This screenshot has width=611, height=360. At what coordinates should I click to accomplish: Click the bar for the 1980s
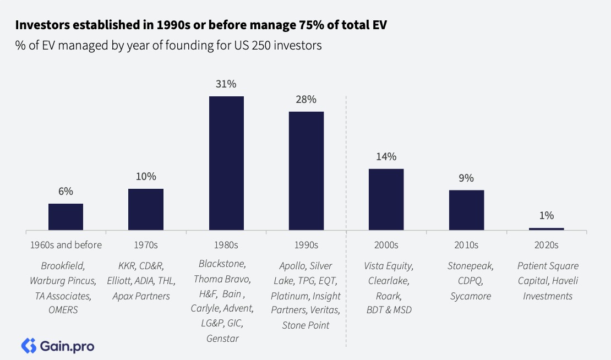226,163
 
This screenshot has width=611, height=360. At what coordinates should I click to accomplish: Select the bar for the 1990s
306,171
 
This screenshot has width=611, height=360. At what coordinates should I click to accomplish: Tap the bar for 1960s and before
66,216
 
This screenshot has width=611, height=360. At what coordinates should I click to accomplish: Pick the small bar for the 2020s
546,228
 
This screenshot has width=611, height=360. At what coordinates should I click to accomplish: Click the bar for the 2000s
386,199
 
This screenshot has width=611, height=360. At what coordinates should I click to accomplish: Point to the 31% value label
226,84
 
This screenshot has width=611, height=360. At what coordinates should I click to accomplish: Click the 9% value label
466,178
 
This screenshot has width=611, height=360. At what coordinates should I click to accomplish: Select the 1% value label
547,216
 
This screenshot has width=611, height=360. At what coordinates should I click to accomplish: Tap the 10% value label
146,177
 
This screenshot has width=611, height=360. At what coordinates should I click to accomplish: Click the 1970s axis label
146,245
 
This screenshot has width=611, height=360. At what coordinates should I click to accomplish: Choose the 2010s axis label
466,245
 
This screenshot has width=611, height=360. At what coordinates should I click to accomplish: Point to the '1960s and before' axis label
66,245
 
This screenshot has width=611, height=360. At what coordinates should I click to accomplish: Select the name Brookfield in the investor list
63,266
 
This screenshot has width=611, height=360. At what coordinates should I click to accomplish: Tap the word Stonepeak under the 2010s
470,266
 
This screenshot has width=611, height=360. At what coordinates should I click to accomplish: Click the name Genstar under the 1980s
222,338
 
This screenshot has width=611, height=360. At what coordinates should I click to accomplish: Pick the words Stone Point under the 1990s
305,325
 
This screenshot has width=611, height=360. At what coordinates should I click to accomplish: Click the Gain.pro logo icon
28,346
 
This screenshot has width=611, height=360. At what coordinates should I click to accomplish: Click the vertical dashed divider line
346,220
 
